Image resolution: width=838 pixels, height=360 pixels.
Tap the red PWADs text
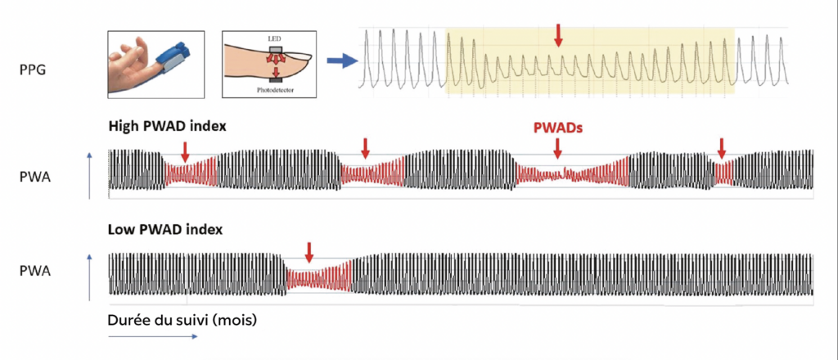pos(558,128)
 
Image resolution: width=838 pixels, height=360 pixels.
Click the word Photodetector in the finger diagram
pos(274,92)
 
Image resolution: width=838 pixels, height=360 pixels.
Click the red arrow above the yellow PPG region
pos(558,35)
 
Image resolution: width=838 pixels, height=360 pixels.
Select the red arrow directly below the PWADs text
pos(558,148)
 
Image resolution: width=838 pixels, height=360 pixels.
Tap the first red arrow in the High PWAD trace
pos(185,151)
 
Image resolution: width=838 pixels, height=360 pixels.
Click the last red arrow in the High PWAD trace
pos(721,148)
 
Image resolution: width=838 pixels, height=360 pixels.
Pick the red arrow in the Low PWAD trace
pos(309,251)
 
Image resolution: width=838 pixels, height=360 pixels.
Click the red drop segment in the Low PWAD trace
pos(318,278)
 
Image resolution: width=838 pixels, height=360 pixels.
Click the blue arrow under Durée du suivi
pos(152,335)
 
